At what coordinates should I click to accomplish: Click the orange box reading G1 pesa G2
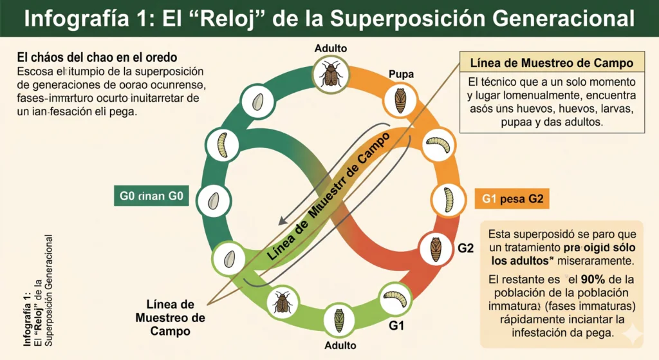tap(512, 199)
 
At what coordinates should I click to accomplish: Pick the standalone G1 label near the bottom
tap(397, 325)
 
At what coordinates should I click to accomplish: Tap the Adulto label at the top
tap(331, 48)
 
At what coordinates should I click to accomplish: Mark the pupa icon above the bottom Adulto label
tap(339, 318)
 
